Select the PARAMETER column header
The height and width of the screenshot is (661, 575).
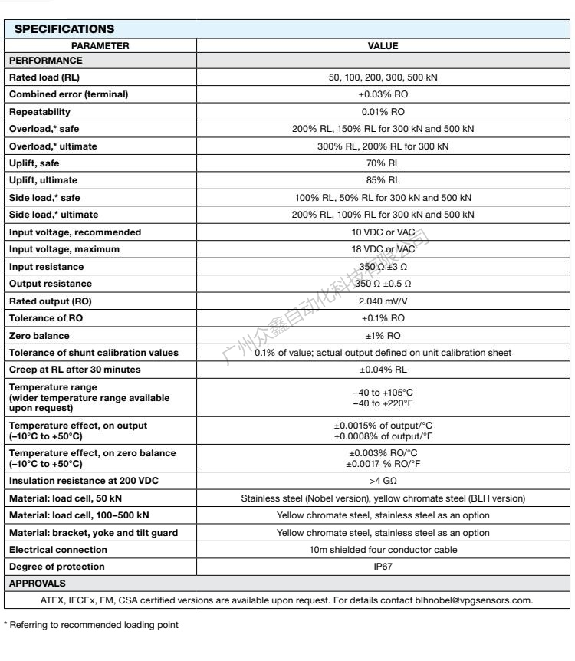coord(101,46)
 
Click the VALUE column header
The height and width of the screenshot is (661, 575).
coord(383,46)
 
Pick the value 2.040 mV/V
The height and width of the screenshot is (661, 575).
coord(383,301)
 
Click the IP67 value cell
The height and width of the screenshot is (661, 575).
coord(383,567)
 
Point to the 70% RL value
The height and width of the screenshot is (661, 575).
coord(383,163)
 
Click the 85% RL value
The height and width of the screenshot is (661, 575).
coord(383,180)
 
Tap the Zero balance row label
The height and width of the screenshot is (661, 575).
coord(38,335)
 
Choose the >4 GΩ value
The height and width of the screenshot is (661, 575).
coord(383,481)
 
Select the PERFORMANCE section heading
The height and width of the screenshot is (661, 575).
coord(44,60)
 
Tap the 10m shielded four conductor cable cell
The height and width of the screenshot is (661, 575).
coord(383,550)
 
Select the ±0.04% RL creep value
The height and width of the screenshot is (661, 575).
coord(383,370)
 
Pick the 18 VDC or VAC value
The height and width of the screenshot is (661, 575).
coord(383,249)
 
